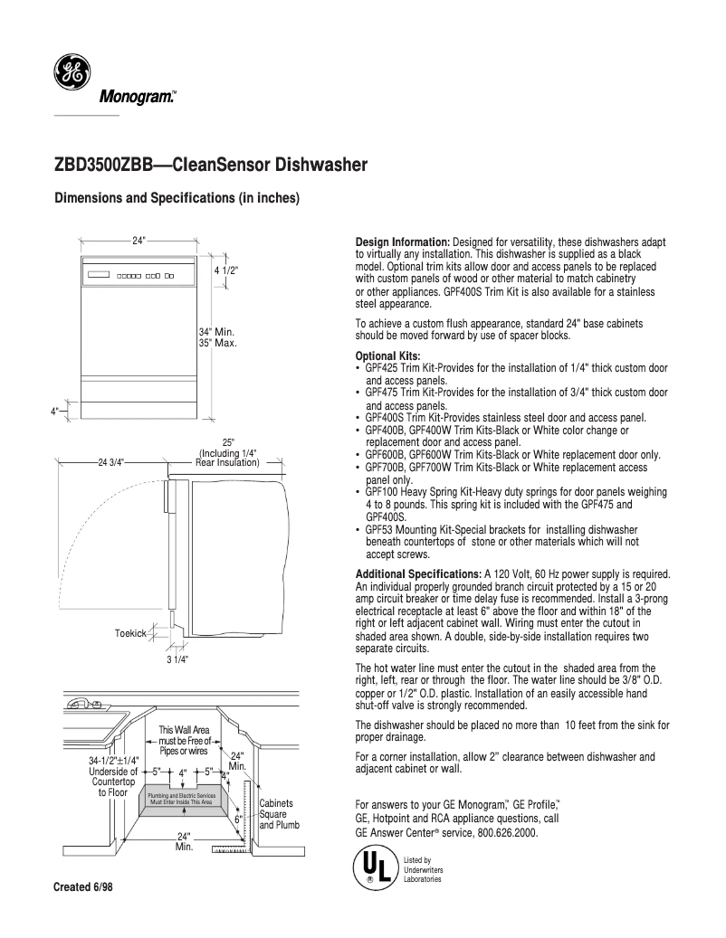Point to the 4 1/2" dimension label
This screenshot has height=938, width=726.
(226, 270)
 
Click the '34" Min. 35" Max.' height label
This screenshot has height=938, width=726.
(217, 336)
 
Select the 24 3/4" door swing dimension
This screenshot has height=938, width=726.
(111, 462)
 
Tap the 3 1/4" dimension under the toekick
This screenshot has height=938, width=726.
(176, 658)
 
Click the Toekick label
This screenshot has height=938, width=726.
(130, 633)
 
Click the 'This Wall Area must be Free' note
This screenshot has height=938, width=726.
(185, 740)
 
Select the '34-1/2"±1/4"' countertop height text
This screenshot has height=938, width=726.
(114, 761)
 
